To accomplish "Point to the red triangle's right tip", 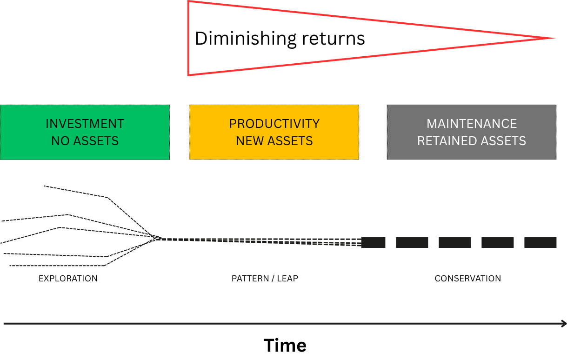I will [x=554, y=38].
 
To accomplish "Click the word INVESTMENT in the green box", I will [x=85, y=124].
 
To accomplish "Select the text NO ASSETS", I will [x=85, y=141].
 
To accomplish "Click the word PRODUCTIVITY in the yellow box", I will [x=274, y=124].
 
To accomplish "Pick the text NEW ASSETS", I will [x=274, y=141].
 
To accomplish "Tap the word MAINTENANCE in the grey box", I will [x=472, y=124].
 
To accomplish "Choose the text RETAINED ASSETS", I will [x=472, y=141].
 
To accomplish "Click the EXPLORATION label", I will [x=68, y=279].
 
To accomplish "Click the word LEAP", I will [x=288, y=279].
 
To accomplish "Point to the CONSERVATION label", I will [x=468, y=279].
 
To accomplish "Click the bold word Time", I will [x=285, y=346].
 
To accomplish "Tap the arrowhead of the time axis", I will [x=564, y=324].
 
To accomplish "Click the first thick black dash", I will [x=374, y=242].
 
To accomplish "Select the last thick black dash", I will [x=540, y=242].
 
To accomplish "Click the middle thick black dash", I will [x=455, y=242].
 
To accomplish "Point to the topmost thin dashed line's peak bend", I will [x=107, y=198].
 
